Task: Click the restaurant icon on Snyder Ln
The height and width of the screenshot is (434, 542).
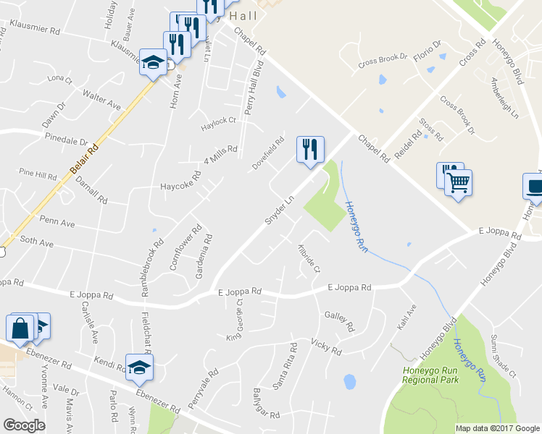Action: click(310, 150)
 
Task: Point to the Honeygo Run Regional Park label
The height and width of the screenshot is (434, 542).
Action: click(430, 375)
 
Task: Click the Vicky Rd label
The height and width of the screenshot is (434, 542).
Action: click(325, 346)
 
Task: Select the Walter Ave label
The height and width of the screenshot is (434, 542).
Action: click(101, 100)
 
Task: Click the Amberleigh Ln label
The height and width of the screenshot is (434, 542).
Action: click(505, 98)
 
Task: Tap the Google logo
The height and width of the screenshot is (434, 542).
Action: click(24, 425)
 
